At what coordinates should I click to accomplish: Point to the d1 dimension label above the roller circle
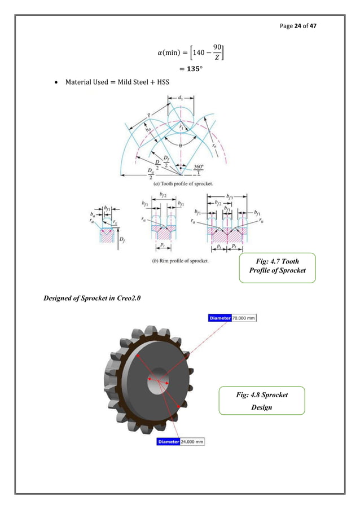pos(180,98)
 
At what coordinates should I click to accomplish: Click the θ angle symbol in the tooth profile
pos(180,145)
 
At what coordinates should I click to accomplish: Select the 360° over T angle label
pos(197,170)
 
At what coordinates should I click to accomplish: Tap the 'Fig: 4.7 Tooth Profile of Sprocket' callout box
pos(277,268)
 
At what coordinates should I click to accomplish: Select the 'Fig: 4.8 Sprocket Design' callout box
pos(261,402)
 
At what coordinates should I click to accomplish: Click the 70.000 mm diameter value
pos(244,318)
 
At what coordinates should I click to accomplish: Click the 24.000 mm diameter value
pos(192,441)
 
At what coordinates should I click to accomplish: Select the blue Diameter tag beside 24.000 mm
pos(168,441)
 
